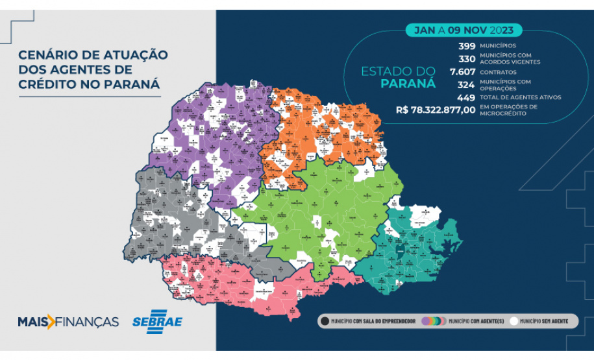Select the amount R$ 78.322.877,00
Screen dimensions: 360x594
[x=435, y=110]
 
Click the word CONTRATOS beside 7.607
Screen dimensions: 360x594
[x=498, y=72]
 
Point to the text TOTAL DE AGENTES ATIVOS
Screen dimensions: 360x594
[x=520, y=97]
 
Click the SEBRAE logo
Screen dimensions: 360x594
[x=157, y=322]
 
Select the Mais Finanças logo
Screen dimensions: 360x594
[x=68, y=322]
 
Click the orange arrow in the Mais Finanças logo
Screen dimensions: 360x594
[x=51, y=322]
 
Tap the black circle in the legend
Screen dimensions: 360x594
[x=324, y=321]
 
